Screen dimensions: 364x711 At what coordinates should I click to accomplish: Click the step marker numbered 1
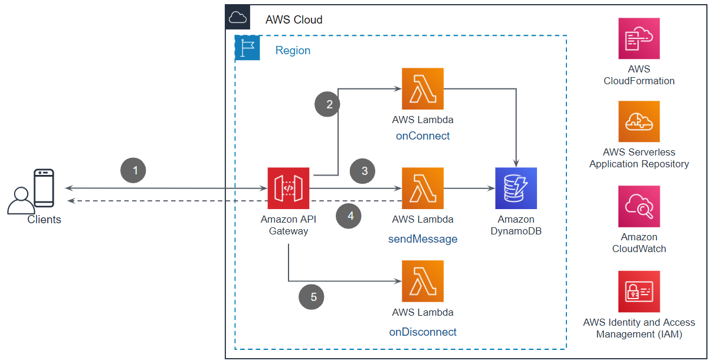pyautogui.click(x=135, y=171)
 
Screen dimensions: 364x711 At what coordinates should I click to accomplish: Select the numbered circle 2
pyautogui.click(x=329, y=104)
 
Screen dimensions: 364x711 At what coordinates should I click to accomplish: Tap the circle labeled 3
pyautogui.click(x=365, y=171)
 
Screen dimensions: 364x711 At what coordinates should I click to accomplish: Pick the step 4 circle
pyautogui.click(x=350, y=216)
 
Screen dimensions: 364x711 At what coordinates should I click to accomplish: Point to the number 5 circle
pyautogui.click(x=313, y=297)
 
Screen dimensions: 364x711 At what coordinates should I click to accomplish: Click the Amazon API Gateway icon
pyautogui.click(x=288, y=188)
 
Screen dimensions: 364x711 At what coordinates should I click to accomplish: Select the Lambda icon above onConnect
pyautogui.click(x=422, y=89)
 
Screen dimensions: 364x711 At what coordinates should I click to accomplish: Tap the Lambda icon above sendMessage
pyautogui.click(x=422, y=188)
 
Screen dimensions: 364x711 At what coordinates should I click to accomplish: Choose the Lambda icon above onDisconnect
pyautogui.click(x=422, y=282)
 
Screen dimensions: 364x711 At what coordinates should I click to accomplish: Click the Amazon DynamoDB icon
pyautogui.click(x=516, y=188)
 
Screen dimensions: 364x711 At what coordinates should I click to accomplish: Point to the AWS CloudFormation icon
pyautogui.click(x=639, y=38)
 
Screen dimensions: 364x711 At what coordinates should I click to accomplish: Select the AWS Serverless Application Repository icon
pyautogui.click(x=639, y=121)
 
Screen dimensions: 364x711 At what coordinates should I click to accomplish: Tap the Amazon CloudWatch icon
pyautogui.click(x=639, y=206)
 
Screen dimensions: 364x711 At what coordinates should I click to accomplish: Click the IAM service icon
pyautogui.click(x=639, y=292)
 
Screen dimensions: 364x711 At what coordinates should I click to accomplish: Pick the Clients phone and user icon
pyautogui.click(x=32, y=191)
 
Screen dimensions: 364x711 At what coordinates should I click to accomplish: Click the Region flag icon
pyautogui.click(x=247, y=48)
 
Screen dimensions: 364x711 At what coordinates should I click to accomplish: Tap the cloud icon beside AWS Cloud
pyautogui.click(x=238, y=18)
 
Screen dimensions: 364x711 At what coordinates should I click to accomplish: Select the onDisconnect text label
pyautogui.click(x=422, y=332)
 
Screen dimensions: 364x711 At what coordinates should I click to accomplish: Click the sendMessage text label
pyautogui.click(x=422, y=239)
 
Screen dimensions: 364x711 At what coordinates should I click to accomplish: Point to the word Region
pyautogui.click(x=293, y=50)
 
